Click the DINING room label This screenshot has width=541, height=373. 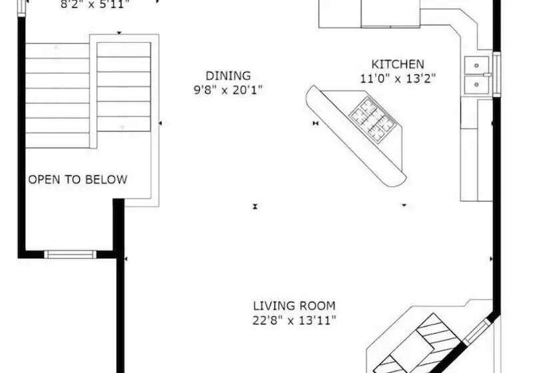point(228,76)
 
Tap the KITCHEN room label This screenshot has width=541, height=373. point(397,65)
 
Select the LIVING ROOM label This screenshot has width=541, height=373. point(294,306)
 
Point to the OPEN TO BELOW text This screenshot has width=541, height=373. point(77,180)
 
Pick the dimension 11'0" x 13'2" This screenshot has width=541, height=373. point(397,78)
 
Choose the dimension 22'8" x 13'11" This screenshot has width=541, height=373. point(294,320)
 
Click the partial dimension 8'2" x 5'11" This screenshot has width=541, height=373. point(95,4)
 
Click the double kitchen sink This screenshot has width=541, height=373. point(478,75)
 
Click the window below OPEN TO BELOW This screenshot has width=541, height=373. point(70,254)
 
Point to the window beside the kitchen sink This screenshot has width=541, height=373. point(496,75)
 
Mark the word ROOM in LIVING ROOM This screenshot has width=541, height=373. point(316,306)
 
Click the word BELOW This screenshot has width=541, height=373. point(108,180)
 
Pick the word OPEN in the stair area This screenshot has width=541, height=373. point(42,180)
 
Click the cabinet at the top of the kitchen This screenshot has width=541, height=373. point(370,13)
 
